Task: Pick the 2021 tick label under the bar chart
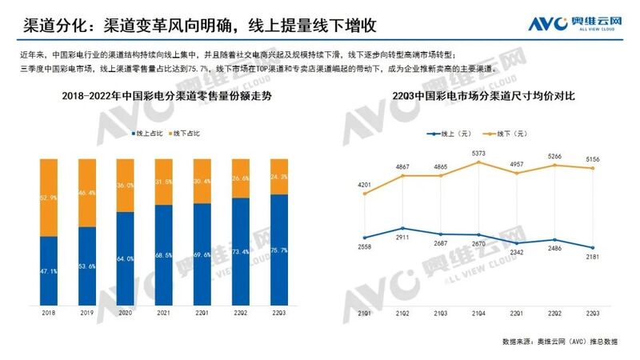tap(164, 314)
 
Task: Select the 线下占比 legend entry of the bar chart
tap(183, 132)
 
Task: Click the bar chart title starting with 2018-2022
tap(163, 97)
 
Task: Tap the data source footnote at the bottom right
tap(560, 341)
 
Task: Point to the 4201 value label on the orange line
tap(365, 186)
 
